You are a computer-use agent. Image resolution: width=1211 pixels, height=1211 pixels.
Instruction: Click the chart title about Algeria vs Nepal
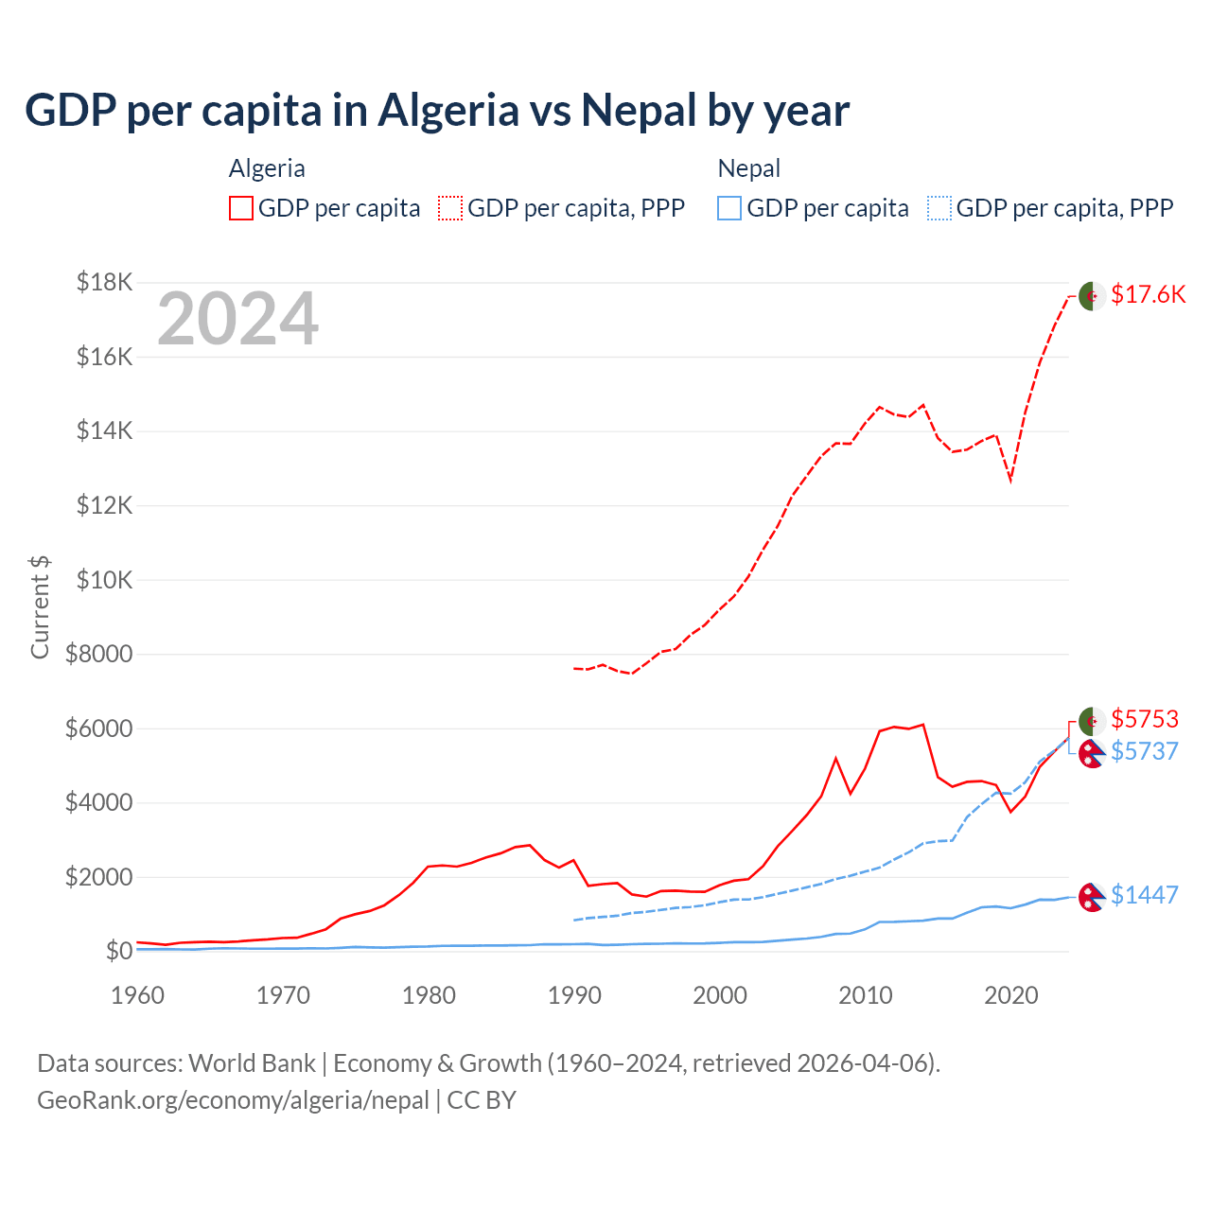tap(437, 110)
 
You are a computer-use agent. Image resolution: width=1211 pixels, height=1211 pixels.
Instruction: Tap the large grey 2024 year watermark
tap(237, 320)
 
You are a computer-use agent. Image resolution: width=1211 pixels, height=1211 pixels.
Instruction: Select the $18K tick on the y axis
tap(105, 282)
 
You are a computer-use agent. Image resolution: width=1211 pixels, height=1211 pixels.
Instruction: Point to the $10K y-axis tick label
tap(105, 580)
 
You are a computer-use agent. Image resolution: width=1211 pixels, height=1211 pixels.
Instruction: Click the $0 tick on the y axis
tap(118, 951)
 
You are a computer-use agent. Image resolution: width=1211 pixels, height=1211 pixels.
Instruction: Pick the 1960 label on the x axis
tap(138, 995)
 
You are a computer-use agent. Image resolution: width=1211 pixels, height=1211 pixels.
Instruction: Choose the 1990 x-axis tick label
tap(574, 995)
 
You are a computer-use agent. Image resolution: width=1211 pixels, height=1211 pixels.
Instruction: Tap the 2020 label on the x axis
tap(1011, 995)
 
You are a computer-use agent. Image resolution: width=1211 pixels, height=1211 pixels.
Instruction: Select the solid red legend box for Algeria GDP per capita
tap(241, 208)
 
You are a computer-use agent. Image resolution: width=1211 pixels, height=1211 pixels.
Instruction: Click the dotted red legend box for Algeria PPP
tap(450, 208)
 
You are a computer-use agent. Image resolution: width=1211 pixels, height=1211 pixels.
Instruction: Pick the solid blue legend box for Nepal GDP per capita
tap(729, 208)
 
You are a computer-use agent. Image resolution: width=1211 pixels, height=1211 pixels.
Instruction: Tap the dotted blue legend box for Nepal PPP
tap(939, 208)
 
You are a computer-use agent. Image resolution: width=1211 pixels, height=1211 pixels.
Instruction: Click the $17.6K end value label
tap(1148, 294)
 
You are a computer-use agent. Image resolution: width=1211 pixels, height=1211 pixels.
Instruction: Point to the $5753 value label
tap(1145, 719)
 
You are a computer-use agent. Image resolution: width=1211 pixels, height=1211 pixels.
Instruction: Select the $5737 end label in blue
tap(1145, 751)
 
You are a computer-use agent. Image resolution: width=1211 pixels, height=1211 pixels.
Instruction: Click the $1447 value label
tap(1145, 895)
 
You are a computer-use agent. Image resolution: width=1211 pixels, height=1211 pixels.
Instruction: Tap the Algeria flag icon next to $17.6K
tap(1092, 295)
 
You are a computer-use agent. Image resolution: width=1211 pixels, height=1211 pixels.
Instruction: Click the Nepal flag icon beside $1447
tap(1092, 897)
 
